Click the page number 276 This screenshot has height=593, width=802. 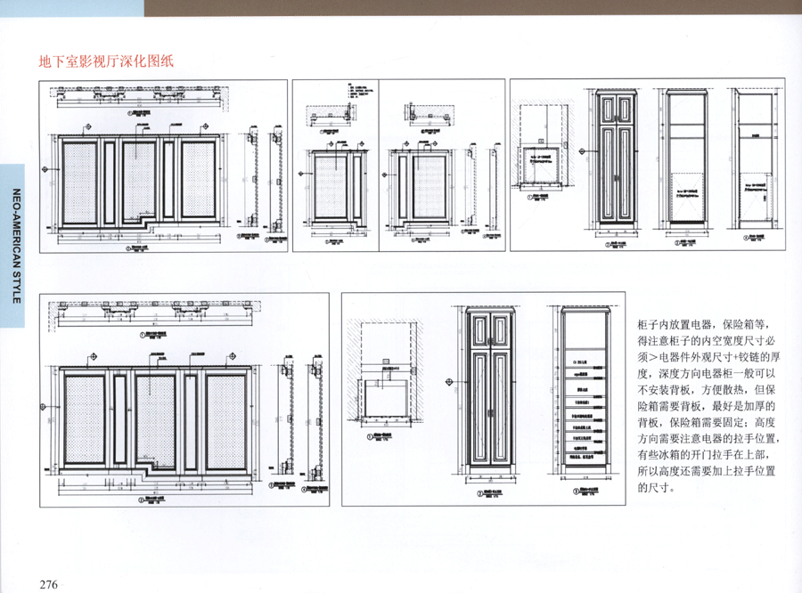48,584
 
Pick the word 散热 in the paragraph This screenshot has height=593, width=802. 724,389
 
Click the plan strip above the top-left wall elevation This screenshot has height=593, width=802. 138,96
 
